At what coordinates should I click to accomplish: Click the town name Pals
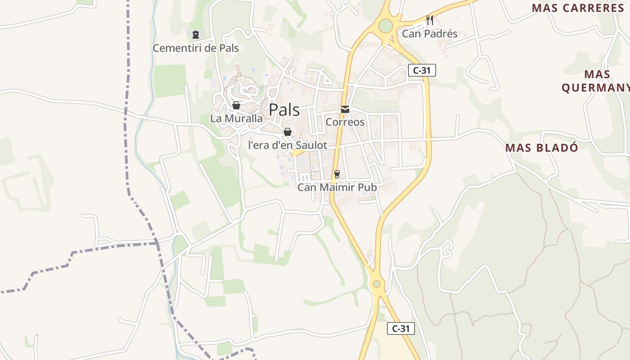pyautogui.click(x=284, y=109)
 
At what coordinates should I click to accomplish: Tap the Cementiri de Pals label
pyautogui.click(x=196, y=48)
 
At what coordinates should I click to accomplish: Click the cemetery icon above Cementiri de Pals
pyautogui.click(x=195, y=35)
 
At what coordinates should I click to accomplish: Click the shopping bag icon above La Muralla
pyautogui.click(x=236, y=106)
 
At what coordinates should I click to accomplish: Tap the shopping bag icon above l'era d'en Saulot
pyautogui.click(x=287, y=132)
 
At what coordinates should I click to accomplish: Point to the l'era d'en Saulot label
pyautogui.click(x=288, y=145)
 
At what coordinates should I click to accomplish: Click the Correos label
pyautogui.click(x=345, y=122)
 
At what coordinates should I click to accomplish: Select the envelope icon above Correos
pyautogui.click(x=345, y=109)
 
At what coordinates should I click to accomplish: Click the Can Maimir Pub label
pyautogui.click(x=337, y=187)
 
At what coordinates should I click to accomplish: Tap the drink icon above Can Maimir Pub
pyautogui.click(x=337, y=174)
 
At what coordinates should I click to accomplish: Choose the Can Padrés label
pyautogui.click(x=429, y=34)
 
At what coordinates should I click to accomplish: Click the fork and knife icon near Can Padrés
pyautogui.click(x=429, y=20)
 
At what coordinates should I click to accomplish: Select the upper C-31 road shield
pyautogui.click(x=422, y=70)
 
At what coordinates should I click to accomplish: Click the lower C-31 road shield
pyautogui.click(x=400, y=328)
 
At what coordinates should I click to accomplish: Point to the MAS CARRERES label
pyautogui.click(x=578, y=8)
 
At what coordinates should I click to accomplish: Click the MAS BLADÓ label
pyautogui.click(x=541, y=148)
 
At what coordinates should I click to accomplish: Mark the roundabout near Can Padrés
pyautogui.click(x=385, y=26)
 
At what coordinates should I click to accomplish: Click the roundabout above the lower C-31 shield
pyautogui.click(x=376, y=284)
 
